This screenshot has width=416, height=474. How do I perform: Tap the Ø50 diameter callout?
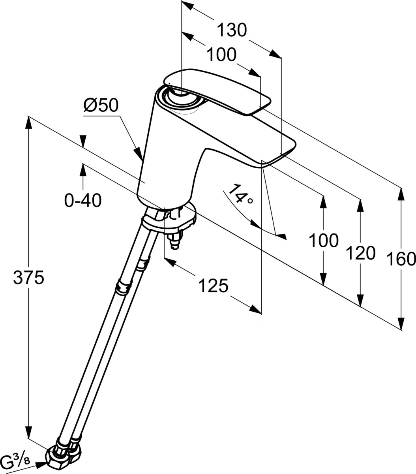101,106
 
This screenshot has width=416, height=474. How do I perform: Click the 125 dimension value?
213,286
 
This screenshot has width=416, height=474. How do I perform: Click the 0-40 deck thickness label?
83,201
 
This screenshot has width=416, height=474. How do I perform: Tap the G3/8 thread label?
17,461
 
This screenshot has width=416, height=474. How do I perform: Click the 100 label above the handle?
221,55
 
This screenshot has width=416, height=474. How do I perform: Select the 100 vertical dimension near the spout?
323,240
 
